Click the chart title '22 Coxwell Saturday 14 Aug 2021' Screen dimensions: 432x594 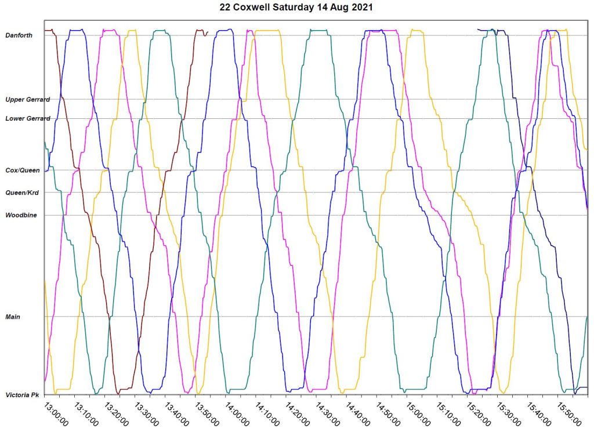coord(297,8)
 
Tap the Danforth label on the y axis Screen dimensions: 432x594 coord(19,35)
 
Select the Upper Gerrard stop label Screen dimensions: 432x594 coord(27,100)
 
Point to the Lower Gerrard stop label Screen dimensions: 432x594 coord(27,118)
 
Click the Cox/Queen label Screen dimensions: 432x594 coord(22,170)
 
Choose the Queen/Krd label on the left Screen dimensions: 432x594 coord(21,193)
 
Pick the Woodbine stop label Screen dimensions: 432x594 coord(21,215)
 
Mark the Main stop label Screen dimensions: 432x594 coord(13,317)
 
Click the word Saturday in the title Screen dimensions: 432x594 coord(302,8)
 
